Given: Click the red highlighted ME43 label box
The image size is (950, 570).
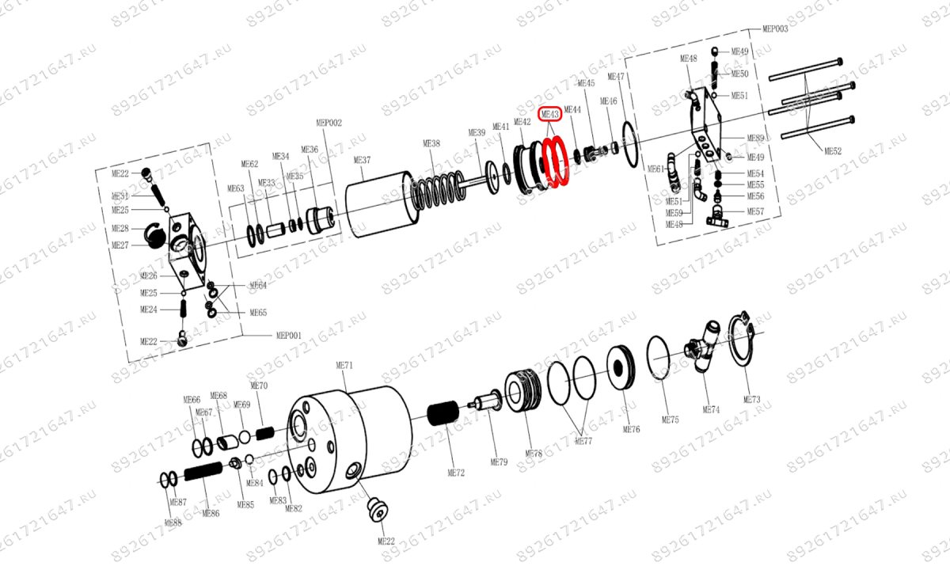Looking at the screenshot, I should point(549,114).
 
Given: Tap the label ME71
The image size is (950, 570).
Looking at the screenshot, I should point(344,366).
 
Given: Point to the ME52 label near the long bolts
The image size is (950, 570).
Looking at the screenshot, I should point(833,150).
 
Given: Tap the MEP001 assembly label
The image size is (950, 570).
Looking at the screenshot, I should point(288,335).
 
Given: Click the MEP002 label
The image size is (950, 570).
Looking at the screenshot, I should point(329,123).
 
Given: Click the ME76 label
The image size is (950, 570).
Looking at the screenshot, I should point(631,429).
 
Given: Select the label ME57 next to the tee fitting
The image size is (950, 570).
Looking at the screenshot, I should point(755,211).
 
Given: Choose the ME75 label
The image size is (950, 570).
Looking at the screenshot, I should point(670,419).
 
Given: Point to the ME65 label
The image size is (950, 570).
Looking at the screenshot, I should point(258,313).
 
